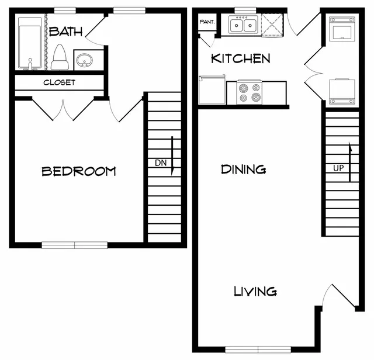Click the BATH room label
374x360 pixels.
(66, 32)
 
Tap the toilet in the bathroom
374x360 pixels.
(60, 57)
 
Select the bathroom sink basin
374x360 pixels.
(84, 60)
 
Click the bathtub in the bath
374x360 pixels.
(30, 43)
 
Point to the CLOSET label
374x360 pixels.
(60, 82)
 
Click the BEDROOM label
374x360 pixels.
(79, 172)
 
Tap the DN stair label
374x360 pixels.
(161, 163)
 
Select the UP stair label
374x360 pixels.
(338, 168)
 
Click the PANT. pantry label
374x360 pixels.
(207, 22)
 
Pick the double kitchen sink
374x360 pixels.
(244, 25)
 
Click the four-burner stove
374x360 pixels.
(250, 92)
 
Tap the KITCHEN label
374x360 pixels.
(241, 58)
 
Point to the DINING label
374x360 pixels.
(244, 169)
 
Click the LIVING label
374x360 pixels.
(255, 291)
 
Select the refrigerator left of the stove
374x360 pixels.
(212, 89)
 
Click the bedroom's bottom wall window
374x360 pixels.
(75, 245)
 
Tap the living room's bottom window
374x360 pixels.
(258, 349)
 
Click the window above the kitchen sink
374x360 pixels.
(245, 11)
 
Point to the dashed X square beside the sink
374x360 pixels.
(272, 25)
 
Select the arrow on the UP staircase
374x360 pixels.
(350, 162)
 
